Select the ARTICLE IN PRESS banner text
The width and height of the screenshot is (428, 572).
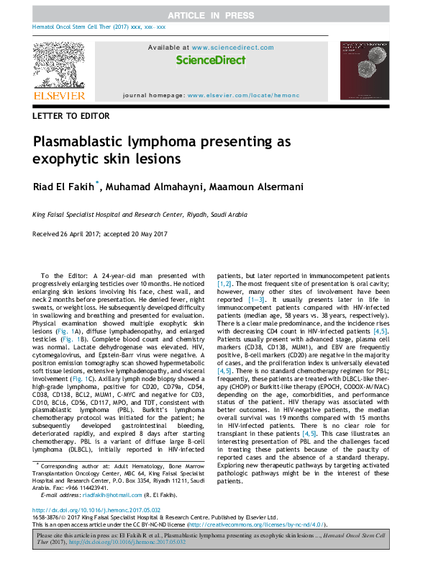[x=214, y=15]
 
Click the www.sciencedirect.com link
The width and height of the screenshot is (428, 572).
[x=232, y=48]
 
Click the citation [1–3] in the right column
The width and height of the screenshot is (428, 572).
[x=257, y=298]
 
